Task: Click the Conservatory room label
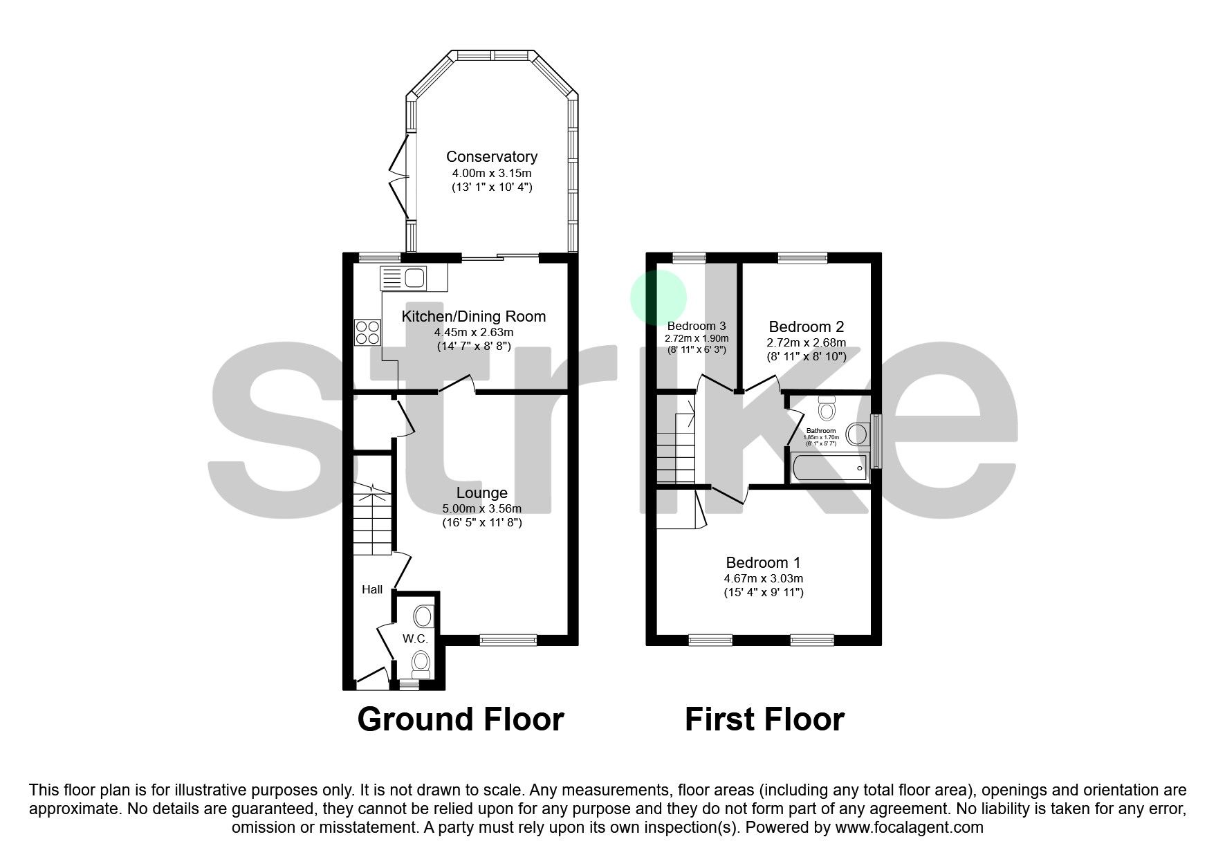click(x=491, y=156)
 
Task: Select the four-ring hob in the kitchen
click(x=367, y=332)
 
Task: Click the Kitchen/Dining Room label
click(x=474, y=316)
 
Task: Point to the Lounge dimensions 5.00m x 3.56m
click(x=481, y=508)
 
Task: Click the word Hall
click(x=372, y=589)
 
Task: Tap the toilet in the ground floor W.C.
click(x=421, y=664)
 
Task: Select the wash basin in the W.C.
click(x=423, y=616)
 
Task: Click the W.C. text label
click(x=415, y=639)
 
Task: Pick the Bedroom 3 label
click(x=696, y=326)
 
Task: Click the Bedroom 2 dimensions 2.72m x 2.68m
click(x=806, y=342)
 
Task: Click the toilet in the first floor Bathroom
click(x=826, y=408)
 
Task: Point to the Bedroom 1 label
click(x=763, y=562)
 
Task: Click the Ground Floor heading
click(x=460, y=719)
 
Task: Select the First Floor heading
click(x=764, y=719)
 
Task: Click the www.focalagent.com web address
click(x=909, y=827)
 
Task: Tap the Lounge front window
click(x=508, y=640)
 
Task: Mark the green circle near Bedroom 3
click(x=658, y=297)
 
